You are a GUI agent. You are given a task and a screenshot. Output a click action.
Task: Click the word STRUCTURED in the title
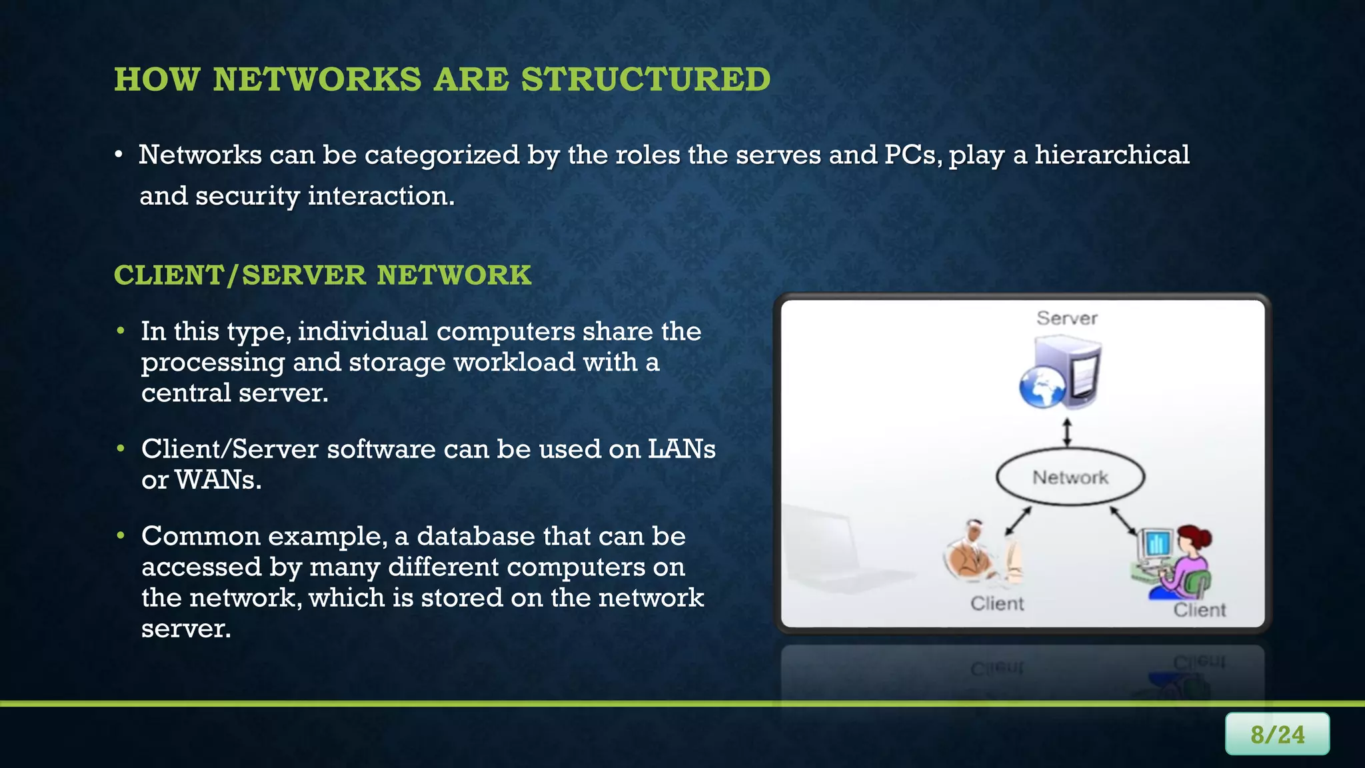tap(645, 79)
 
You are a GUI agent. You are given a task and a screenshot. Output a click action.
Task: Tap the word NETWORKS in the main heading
tap(317, 79)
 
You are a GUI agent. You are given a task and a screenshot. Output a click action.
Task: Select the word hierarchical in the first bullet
tap(1112, 155)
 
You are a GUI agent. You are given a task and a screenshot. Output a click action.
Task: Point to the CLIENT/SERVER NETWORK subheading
tap(323, 275)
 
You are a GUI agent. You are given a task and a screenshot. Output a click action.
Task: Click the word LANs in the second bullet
tap(681, 449)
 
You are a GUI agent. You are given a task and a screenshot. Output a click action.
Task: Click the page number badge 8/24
tap(1276, 734)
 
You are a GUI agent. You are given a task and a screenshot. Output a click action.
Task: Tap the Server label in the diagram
tap(1066, 318)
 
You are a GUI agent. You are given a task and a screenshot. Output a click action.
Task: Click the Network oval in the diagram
tap(1070, 477)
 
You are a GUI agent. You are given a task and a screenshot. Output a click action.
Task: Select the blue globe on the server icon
tap(1042, 387)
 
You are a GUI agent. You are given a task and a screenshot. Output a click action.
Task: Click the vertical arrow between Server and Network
tap(1066, 432)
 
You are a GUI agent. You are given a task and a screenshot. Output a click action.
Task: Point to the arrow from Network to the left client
tap(1018, 521)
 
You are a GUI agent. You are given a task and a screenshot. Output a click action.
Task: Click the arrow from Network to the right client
tap(1123, 520)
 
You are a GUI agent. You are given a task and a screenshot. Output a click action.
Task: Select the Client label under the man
tap(996, 603)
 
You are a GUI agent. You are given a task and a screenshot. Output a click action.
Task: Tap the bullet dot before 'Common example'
tap(121, 536)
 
